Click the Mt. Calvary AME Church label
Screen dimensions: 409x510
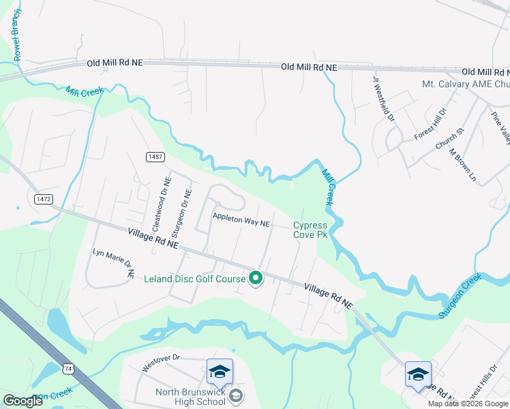pos(466,85)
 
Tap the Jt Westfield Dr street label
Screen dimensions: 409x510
pos(383,98)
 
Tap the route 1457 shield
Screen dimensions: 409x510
pos(155,157)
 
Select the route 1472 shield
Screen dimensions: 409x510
pos(43,198)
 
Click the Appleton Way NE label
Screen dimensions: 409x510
pos(241,223)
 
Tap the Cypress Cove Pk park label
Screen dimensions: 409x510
pos(311,230)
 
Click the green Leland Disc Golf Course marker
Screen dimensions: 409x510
pos(256,277)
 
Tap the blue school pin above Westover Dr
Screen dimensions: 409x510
pos(220,372)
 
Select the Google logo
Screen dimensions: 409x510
pos(22,401)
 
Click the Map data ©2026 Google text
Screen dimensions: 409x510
pos(467,404)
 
